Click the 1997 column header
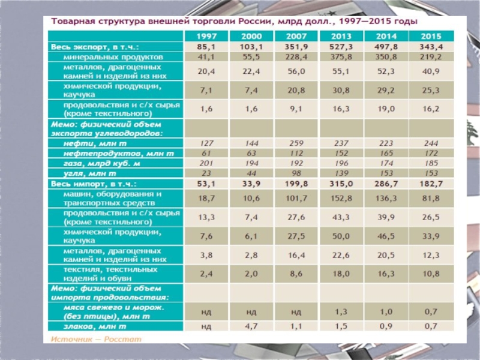(206, 36)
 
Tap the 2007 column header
(295, 36)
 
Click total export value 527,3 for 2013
(340, 46)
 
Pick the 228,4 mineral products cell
(295, 56)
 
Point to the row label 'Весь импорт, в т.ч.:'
(95, 183)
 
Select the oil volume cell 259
(295, 143)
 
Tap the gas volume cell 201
(206, 163)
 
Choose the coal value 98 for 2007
(295, 173)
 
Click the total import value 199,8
(295, 183)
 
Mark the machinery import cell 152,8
(340, 198)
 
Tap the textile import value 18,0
(340, 273)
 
